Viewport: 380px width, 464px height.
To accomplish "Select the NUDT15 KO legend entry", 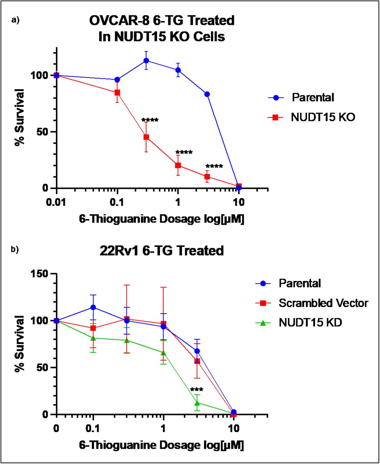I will (322, 117).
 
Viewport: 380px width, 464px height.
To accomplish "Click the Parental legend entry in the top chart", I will (313, 98).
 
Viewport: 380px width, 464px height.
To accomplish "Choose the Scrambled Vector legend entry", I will (323, 303).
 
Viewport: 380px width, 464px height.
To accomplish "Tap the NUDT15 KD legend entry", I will (310, 323).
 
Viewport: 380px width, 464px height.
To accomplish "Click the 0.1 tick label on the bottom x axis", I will (93, 428).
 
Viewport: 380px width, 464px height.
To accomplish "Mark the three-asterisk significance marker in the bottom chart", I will (197, 390).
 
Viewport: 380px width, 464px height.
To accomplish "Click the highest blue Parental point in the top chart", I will (146, 61).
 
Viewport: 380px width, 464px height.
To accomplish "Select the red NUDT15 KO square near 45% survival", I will (146, 137).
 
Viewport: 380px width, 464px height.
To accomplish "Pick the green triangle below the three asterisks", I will (197, 403).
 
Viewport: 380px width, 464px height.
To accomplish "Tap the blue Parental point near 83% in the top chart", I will (207, 94).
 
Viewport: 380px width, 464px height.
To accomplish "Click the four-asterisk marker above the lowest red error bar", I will (214, 167).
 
